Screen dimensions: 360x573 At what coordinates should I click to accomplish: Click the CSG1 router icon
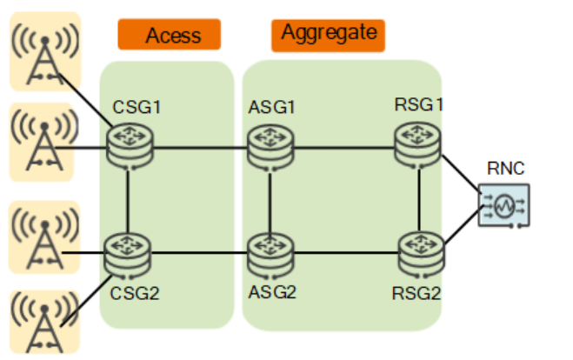point(130,145)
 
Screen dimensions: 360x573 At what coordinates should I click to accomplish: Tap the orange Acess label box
point(170,35)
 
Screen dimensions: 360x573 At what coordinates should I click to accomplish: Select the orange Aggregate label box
point(328,34)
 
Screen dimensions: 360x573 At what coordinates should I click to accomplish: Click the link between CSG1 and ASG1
point(199,147)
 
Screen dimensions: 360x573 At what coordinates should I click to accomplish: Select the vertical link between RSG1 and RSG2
point(419,197)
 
